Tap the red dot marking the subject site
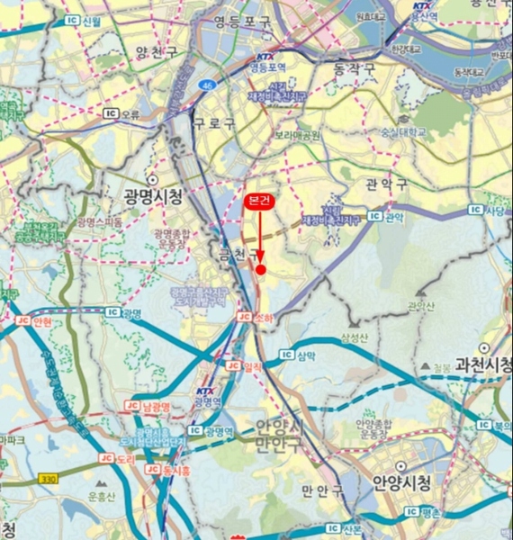pos(261,269)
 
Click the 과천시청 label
pos(483,364)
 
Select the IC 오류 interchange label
pos(122,114)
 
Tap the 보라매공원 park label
pos(297,135)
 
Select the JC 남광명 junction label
pos(148,406)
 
